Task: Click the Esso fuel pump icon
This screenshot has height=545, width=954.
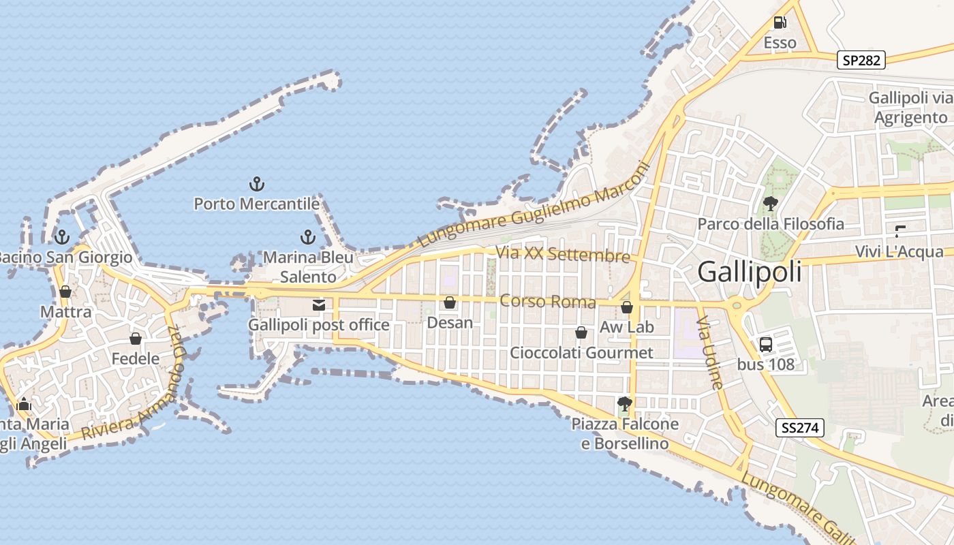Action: click(x=780, y=22)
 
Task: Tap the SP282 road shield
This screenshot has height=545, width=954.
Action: click(x=861, y=60)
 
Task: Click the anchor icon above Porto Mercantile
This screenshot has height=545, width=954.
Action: click(x=257, y=184)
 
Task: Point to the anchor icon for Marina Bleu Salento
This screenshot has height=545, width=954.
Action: click(x=308, y=237)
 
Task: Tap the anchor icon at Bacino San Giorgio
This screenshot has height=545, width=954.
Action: click(x=62, y=237)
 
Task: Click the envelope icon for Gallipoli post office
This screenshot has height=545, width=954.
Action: click(x=319, y=305)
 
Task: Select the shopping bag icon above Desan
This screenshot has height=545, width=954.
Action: click(x=450, y=302)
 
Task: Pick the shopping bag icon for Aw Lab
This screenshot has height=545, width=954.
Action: click(x=627, y=307)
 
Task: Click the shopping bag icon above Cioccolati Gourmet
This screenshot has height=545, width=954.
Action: click(x=581, y=332)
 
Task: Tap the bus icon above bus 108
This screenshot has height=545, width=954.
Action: click(x=766, y=344)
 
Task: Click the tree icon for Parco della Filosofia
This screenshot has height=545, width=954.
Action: click(x=771, y=203)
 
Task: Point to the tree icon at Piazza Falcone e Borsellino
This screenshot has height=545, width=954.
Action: click(x=624, y=403)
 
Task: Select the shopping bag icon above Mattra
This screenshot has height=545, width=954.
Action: click(x=65, y=292)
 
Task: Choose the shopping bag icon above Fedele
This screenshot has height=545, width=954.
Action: click(x=136, y=339)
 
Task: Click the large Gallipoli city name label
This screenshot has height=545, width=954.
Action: click(x=750, y=272)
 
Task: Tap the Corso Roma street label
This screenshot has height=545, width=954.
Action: click(x=548, y=301)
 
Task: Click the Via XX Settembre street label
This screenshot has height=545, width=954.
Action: click(x=563, y=255)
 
